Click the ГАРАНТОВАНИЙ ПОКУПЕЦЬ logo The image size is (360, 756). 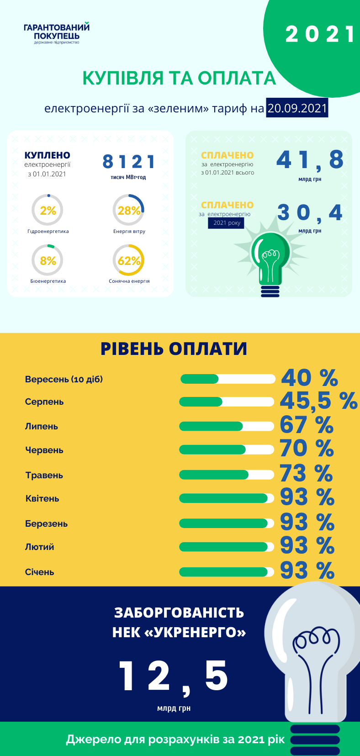pos(57,33)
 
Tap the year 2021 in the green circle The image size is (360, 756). pos(320,35)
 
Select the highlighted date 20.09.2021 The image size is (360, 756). pos(297,108)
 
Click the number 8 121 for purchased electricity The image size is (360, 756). pos(129,162)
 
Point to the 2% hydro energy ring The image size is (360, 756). pos(48,211)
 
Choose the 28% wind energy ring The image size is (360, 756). pos(128,210)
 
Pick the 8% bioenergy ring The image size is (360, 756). pos(48,260)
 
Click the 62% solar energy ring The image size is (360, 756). pos(128,260)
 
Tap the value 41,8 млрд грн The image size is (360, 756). pos(310,160)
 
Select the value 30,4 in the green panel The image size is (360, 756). pos(310,213)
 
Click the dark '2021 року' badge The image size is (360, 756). pos(226,223)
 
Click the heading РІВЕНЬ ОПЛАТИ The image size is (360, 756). pos(174,349)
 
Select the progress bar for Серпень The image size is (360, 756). pos(227,402)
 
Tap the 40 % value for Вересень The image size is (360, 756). pos(309,378)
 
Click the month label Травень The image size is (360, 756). pos(44,475)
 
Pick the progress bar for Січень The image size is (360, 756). pos(227,572)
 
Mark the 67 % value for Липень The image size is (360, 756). pos(307,425)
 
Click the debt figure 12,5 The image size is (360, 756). pos(173,677)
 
